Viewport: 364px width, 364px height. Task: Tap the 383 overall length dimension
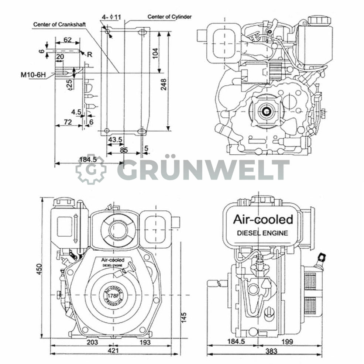271,351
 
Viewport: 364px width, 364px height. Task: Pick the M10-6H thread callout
34,75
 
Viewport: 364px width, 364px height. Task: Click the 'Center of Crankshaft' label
59,24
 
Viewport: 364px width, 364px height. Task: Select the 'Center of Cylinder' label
169,17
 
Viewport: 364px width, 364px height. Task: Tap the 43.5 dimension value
115,140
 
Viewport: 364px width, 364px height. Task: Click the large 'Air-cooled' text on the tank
262,219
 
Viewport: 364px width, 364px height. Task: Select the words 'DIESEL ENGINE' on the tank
262,233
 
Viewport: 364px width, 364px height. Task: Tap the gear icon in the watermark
91,169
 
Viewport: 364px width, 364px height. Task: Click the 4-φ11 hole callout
111,17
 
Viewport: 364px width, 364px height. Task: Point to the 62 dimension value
67,40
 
